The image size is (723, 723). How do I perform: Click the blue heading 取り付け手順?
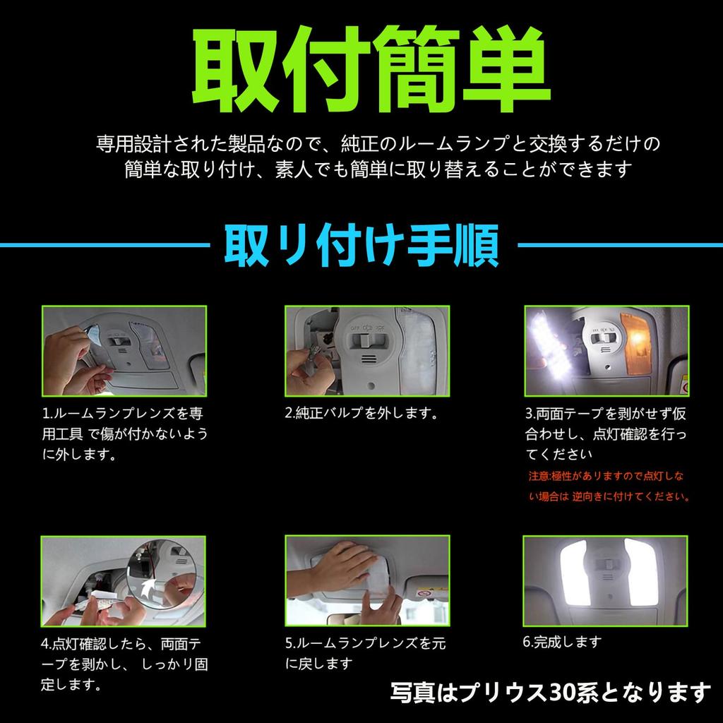coord(361,245)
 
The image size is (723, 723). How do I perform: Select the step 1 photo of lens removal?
coord(124,350)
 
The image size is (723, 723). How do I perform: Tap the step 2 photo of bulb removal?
coord(366,350)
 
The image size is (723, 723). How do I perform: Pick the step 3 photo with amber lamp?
coord(605,350)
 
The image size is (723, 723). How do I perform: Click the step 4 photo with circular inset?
coord(124,580)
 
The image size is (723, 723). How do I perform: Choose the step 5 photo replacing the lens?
coord(366,580)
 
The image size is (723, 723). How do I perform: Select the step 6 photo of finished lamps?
coord(605,580)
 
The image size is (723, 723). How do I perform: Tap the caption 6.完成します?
coord(562,643)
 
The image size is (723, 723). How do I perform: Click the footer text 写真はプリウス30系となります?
coord(549,692)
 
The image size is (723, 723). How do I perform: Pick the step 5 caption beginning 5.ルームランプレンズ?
coord(366,653)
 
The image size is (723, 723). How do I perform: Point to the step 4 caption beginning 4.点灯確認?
coord(124,664)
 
